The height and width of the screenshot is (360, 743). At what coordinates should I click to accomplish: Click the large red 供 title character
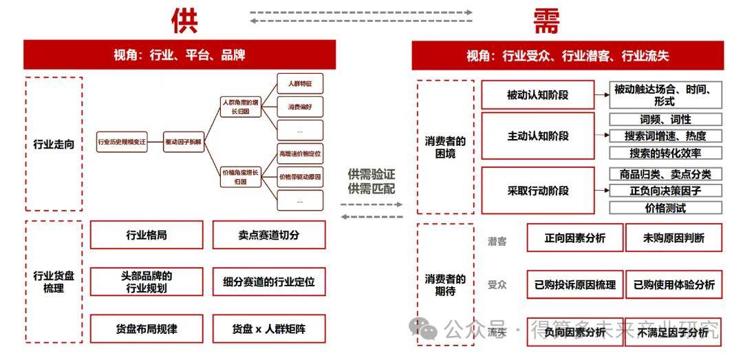[x=184, y=21]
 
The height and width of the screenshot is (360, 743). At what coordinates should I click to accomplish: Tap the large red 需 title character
[x=546, y=21]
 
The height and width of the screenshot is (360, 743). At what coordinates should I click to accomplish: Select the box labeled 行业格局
[x=147, y=235]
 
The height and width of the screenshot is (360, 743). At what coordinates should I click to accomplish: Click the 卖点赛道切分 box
[x=269, y=235]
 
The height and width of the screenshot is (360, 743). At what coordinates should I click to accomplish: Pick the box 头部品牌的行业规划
[x=147, y=282]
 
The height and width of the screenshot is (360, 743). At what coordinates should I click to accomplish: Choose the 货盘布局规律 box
[x=147, y=329]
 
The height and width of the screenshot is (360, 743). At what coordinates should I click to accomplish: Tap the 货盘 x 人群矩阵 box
[x=269, y=329]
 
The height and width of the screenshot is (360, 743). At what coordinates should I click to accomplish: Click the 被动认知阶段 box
[x=537, y=95]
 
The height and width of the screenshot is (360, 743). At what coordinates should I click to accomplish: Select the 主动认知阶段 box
[x=537, y=136]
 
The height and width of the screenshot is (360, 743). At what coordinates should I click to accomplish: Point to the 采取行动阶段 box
[x=537, y=190]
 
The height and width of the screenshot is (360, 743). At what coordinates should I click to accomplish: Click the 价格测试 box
[x=665, y=207]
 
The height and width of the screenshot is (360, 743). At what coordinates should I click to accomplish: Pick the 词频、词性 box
[x=665, y=119]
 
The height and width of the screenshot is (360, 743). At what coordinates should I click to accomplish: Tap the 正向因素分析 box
[x=575, y=238]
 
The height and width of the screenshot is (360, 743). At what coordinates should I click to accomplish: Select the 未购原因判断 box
[x=674, y=238]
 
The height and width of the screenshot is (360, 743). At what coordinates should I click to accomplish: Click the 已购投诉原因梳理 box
[x=575, y=284]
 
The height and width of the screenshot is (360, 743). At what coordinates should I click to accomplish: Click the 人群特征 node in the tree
[x=300, y=84]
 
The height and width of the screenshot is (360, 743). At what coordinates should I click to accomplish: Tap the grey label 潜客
[x=497, y=241]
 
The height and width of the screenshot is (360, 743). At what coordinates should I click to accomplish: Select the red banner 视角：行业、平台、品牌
[x=180, y=55]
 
